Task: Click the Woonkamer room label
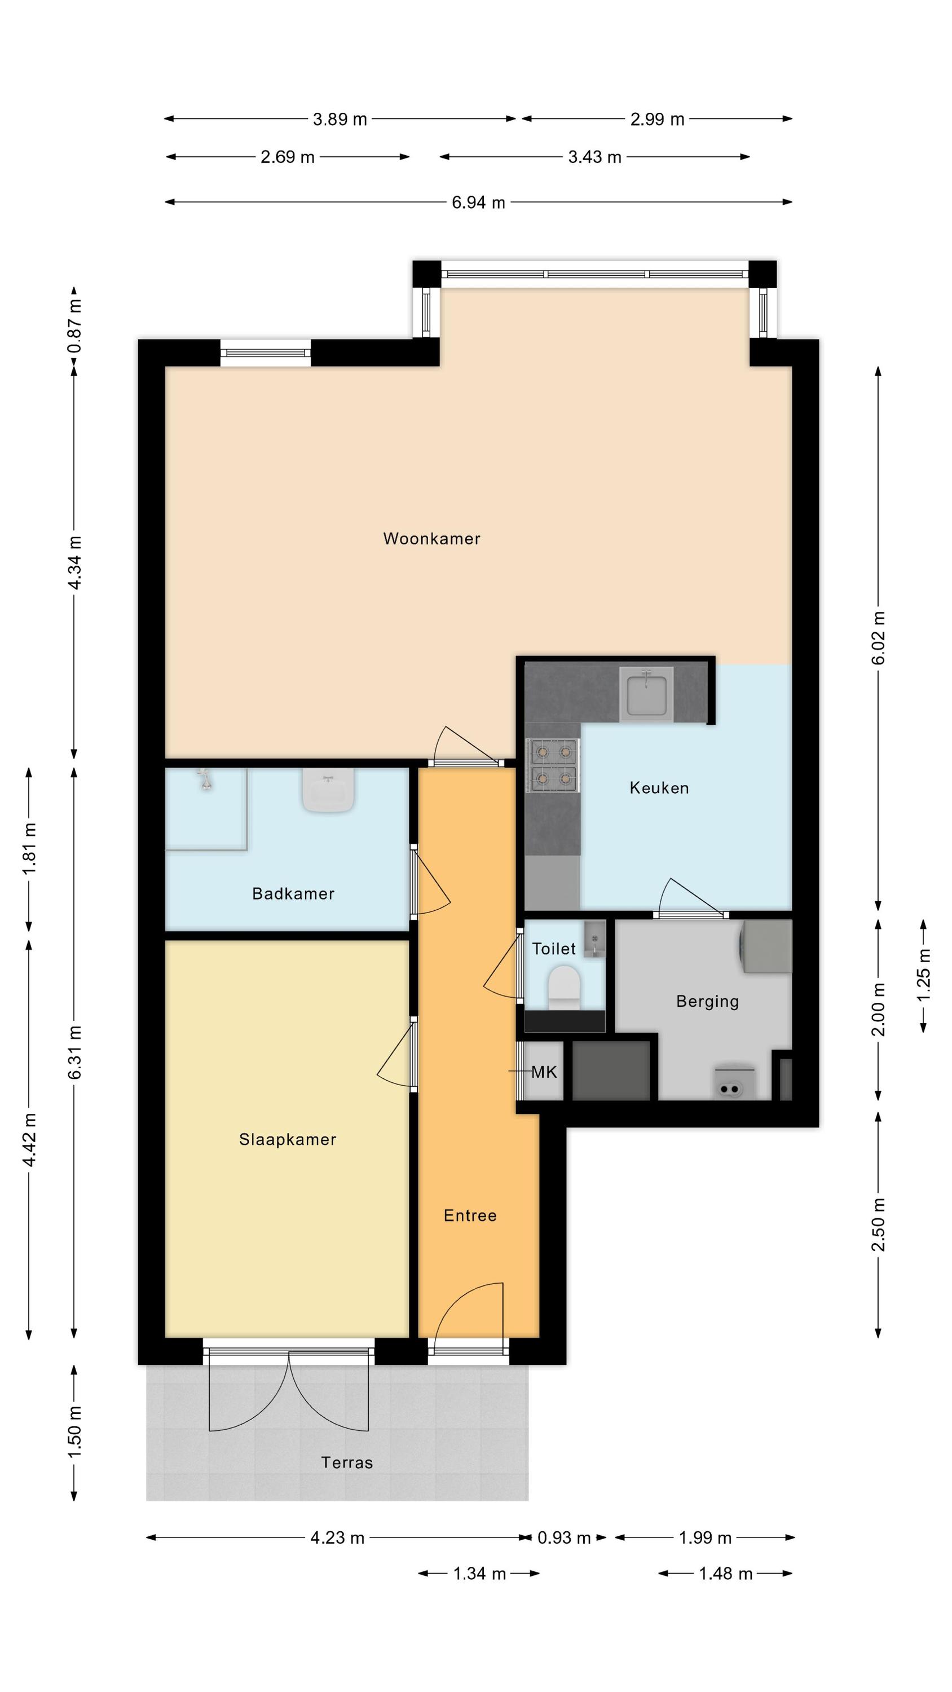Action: [431, 539]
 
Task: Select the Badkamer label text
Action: [293, 893]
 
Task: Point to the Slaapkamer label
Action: [288, 1140]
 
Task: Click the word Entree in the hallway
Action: [470, 1216]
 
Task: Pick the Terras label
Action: [347, 1463]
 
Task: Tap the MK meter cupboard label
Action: [544, 1073]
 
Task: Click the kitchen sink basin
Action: [647, 694]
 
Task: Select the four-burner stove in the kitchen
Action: [553, 766]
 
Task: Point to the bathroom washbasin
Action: [328, 790]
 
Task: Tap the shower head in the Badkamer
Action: [206, 779]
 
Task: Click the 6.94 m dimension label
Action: [478, 202]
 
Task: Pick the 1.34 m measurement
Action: [479, 1574]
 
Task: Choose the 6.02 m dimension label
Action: [879, 638]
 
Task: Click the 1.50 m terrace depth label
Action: [75, 1432]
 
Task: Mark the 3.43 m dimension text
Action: [594, 157]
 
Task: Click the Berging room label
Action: [708, 1002]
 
